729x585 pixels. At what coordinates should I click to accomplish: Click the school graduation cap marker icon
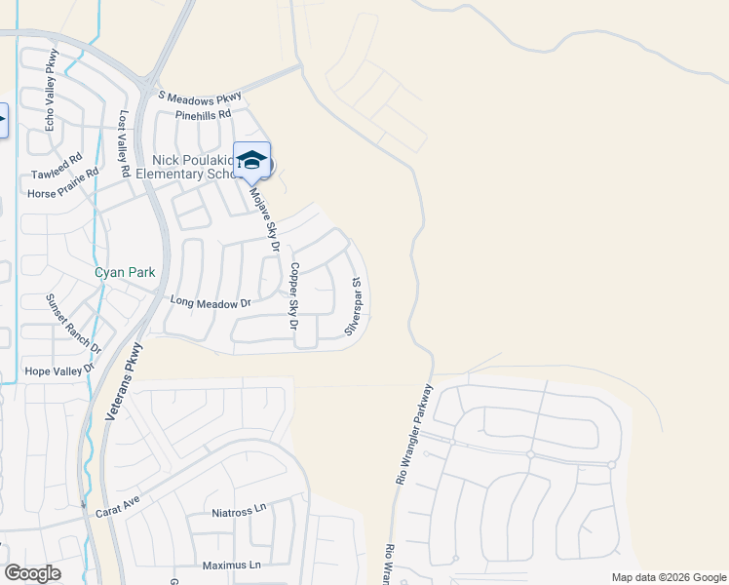251,161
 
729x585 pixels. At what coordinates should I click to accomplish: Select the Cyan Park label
124,273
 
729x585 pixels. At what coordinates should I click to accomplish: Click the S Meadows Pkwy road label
199,96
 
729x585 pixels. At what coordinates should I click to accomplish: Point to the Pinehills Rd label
203,114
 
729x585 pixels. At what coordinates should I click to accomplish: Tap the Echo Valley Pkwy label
52,91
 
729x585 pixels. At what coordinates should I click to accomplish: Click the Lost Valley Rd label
124,142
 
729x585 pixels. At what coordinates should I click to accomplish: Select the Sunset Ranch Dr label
74,322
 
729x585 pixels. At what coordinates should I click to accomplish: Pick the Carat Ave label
118,510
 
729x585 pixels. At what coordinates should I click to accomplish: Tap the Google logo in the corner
32,572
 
